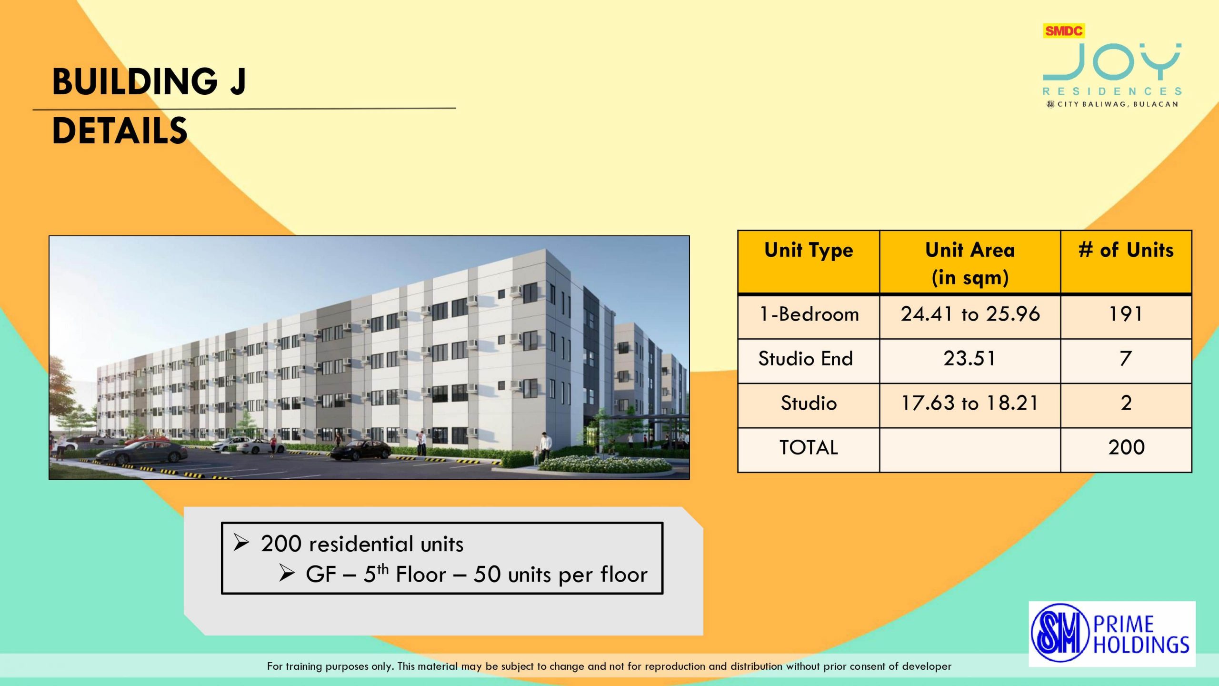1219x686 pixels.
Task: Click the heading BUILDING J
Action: click(x=149, y=81)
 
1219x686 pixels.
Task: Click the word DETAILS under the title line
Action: click(x=120, y=131)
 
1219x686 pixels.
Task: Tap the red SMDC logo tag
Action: click(x=1064, y=31)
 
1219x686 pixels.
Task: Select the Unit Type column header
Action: click(x=809, y=251)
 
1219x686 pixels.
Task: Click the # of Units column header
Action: click(x=1126, y=250)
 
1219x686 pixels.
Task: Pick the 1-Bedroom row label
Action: click(x=809, y=314)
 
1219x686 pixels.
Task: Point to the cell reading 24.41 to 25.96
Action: click(x=970, y=314)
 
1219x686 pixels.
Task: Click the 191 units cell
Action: click(x=1126, y=314)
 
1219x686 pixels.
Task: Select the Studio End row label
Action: click(x=806, y=359)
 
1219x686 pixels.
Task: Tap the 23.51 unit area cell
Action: click(x=969, y=359)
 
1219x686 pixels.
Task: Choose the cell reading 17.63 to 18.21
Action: click(x=969, y=403)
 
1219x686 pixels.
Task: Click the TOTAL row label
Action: click(x=809, y=447)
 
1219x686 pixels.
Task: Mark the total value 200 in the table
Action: click(x=1126, y=447)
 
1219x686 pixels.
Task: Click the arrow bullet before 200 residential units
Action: click(x=241, y=543)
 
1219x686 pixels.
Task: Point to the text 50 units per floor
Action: click(x=560, y=575)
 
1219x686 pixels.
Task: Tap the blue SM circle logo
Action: click(x=1060, y=633)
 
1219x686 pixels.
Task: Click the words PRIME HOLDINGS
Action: click(x=1141, y=634)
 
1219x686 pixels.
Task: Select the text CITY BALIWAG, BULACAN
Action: click(x=1118, y=104)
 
